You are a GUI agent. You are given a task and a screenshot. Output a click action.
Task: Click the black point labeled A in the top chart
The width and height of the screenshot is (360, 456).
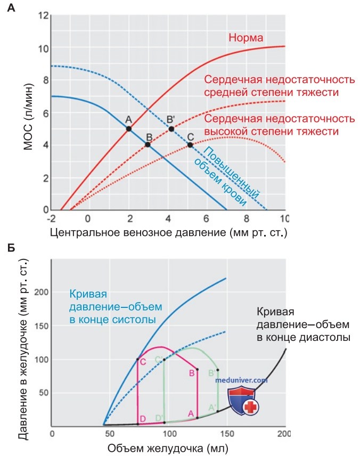[x=128, y=128]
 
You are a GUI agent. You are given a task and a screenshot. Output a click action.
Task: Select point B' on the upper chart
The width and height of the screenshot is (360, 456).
[x=171, y=129]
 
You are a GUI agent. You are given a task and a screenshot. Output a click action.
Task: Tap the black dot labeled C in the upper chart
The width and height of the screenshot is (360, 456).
[x=190, y=145]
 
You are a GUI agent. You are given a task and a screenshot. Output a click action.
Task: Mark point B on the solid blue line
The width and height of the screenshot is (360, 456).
[x=148, y=144]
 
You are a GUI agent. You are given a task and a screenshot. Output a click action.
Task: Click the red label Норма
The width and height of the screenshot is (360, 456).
[x=246, y=38]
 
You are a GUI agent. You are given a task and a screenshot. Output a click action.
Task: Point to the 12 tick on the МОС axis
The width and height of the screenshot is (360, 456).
[x=43, y=16]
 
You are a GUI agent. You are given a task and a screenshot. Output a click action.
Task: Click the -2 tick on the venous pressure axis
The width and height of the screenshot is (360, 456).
[x=51, y=218]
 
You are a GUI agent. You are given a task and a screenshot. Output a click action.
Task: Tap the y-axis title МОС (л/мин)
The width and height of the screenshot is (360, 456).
[x=29, y=117]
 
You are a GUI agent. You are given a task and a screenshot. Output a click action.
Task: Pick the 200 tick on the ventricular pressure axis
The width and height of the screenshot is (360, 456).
[x=42, y=292]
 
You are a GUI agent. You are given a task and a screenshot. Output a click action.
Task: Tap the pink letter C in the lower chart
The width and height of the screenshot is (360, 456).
[x=143, y=362]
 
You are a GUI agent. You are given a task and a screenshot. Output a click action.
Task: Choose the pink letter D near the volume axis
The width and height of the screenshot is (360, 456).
[x=143, y=419]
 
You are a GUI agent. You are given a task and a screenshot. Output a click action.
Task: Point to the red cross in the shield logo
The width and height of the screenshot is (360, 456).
[x=250, y=407]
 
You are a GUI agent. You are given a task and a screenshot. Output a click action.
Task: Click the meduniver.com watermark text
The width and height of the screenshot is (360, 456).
[x=241, y=380]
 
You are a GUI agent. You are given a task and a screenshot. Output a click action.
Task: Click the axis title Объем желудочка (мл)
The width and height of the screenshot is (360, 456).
[x=168, y=448]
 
